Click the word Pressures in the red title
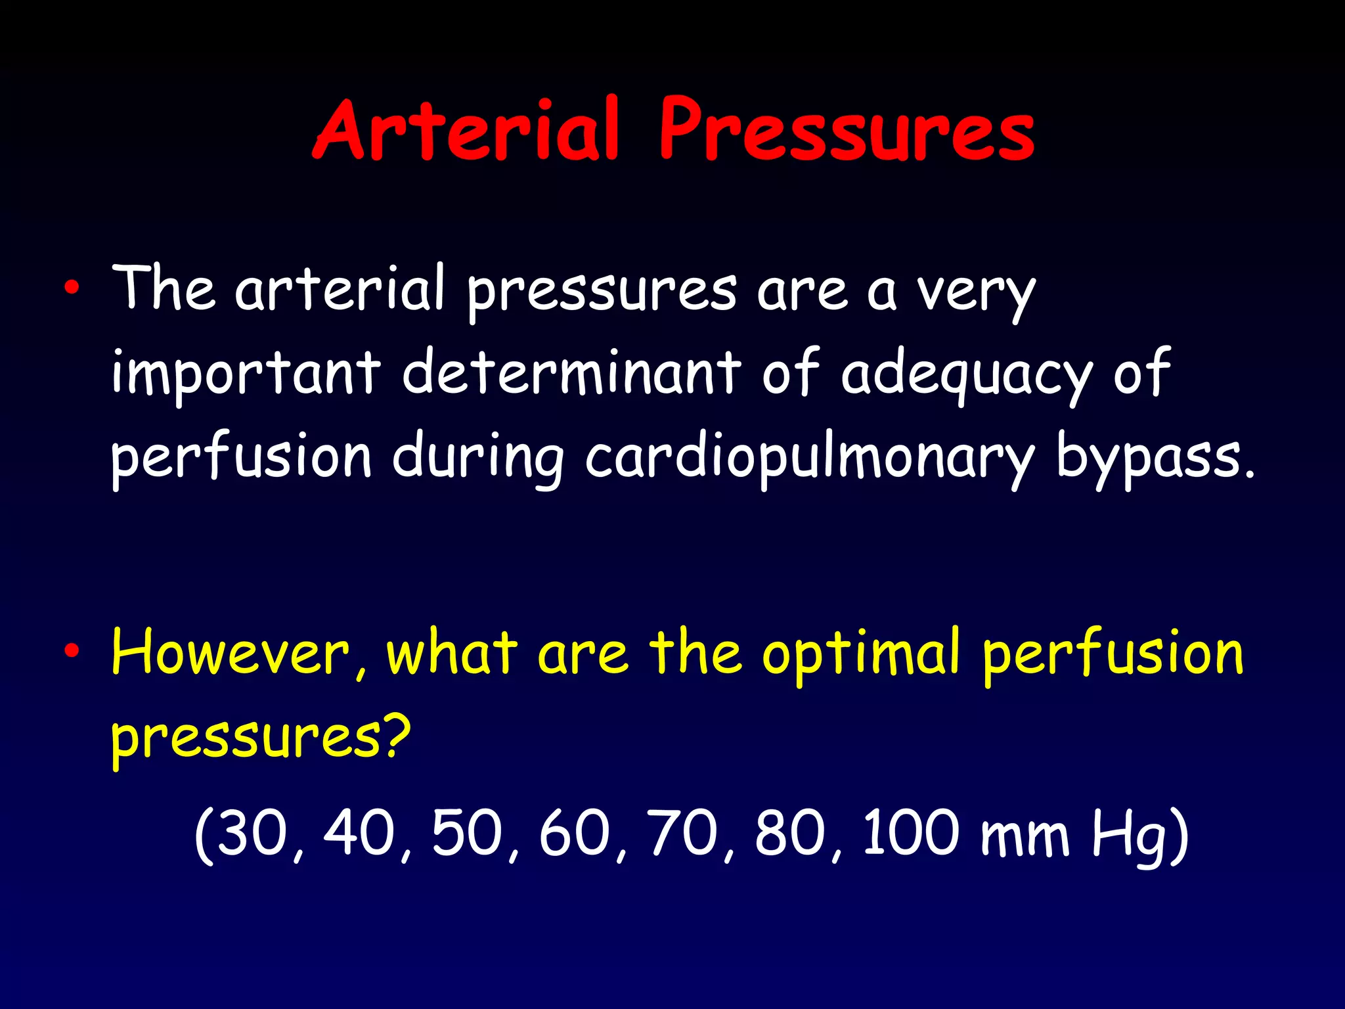pyautogui.click(x=847, y=130)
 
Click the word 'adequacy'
pyautogui.click(x=966, y=374)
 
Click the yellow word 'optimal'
pyautogui.click(x=861, y=654)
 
